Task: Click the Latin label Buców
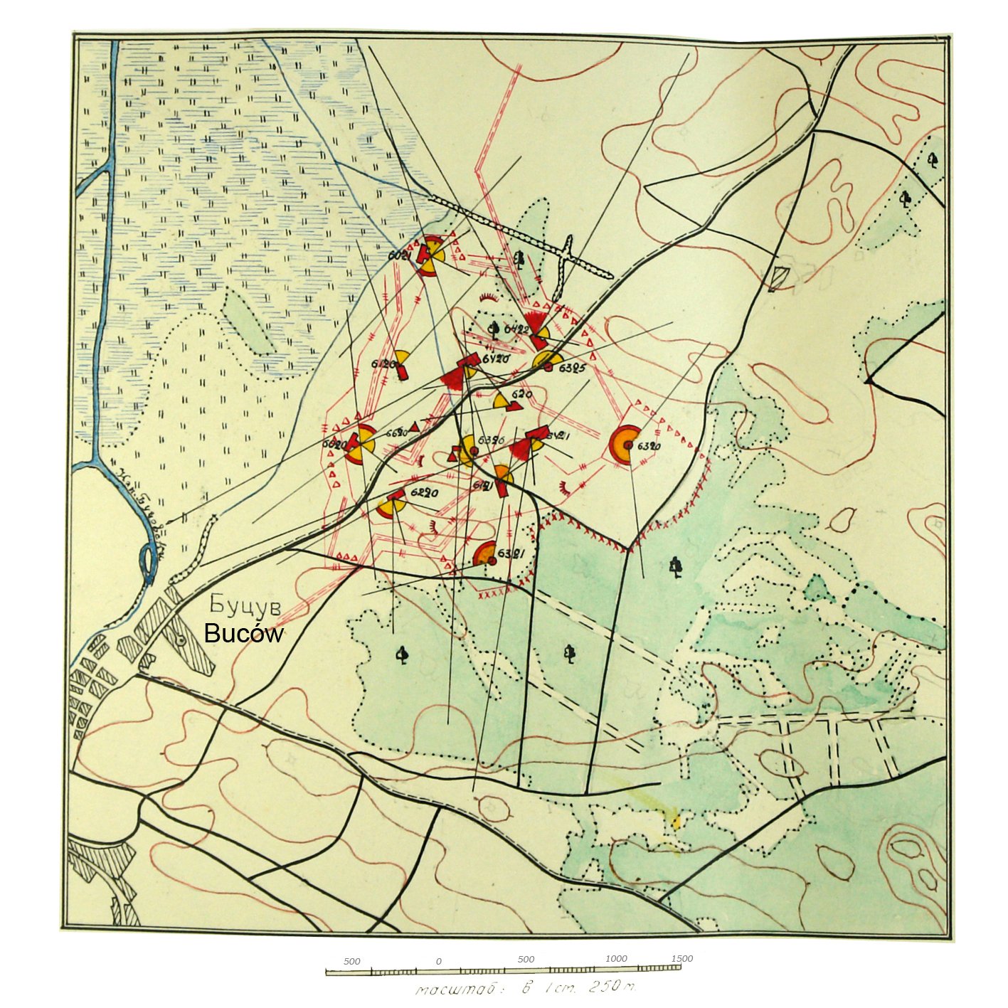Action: pyautogui.click(x=243, y=633)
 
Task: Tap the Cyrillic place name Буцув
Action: pyautogui.click(x=245, y=606)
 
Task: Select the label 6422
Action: pyautogui.click(x=516, y=329)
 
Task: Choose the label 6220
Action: pyautogui.click(x=424, y=492)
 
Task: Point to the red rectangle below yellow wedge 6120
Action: pyautogui.click(x=403, y=371)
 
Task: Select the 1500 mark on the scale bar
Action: pyautogui.click(x=681, y=958)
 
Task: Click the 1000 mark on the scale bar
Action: pyautogui.click(x=616, y=958)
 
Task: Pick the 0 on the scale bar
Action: pyautogui.click(x=438, y=961)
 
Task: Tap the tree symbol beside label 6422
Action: pyautogui.click(x=494, y=327)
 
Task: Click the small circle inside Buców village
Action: pyautogui.click(x=181, y=640)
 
